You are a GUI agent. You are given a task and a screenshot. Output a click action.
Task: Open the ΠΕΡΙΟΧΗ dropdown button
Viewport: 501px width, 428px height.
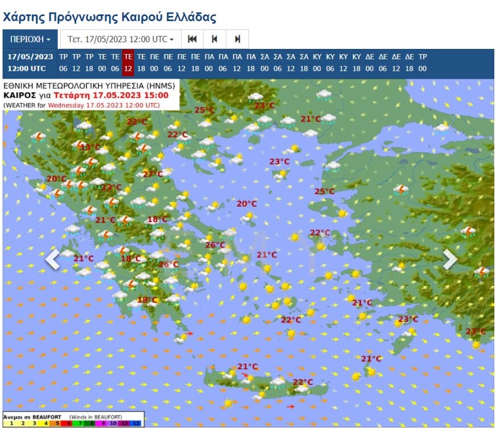click(31, 39)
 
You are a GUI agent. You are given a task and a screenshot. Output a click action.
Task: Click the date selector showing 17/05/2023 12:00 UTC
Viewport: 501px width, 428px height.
click(121, 39)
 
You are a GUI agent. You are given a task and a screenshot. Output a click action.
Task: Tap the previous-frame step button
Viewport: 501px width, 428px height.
click(215, 39)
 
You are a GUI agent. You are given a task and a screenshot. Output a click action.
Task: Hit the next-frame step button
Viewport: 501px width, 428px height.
click(237, 39)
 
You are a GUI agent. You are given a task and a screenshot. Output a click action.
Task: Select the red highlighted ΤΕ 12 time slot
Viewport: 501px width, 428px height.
click(128, 63)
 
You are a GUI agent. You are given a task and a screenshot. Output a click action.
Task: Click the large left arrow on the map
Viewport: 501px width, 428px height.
click(52, 259)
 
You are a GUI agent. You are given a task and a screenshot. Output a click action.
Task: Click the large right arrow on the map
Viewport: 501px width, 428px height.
click(450, 259)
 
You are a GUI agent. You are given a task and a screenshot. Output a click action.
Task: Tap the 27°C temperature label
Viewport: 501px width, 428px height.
click(152, 174)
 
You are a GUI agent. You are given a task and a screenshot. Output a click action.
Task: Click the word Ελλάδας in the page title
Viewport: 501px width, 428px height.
click(190, 17)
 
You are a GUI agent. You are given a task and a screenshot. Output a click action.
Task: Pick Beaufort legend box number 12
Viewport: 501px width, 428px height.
click(136, 423)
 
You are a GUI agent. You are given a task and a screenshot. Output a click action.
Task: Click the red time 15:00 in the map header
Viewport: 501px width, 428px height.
click(157, 95)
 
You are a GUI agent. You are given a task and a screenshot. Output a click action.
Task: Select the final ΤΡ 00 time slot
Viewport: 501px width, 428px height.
click(422, 63)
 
